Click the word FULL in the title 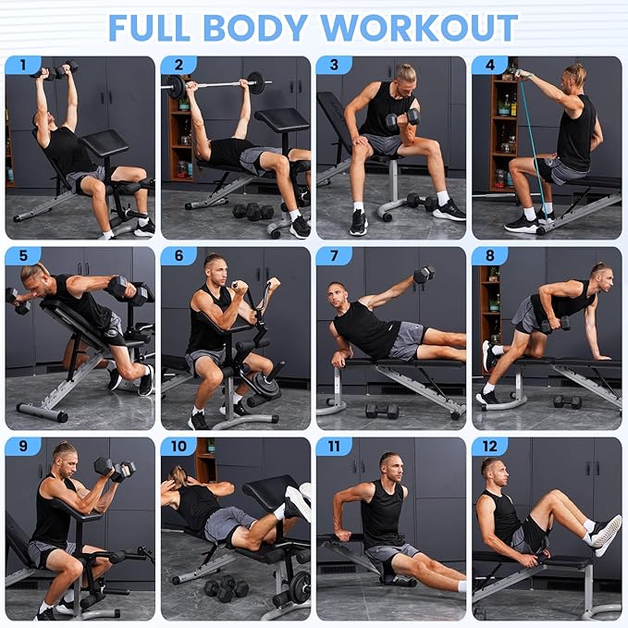tap(159, 27)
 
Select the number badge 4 tap(489, 66)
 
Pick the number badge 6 tap(179, 256)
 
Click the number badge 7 tap(334, 256)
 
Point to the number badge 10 tap(179, 447)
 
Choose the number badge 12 tap(489, 447)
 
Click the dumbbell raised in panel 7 tap(424, 275)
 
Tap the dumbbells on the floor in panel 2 tap(252, 211)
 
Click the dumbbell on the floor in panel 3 tap(419, 201)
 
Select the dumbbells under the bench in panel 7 tap(383, 410)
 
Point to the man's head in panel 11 tap(389, 465)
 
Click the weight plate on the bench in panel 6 tap(265, 385)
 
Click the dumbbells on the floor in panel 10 tap(226, 588)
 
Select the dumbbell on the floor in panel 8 tap(566, 401)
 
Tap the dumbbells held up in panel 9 tap(115, 470)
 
